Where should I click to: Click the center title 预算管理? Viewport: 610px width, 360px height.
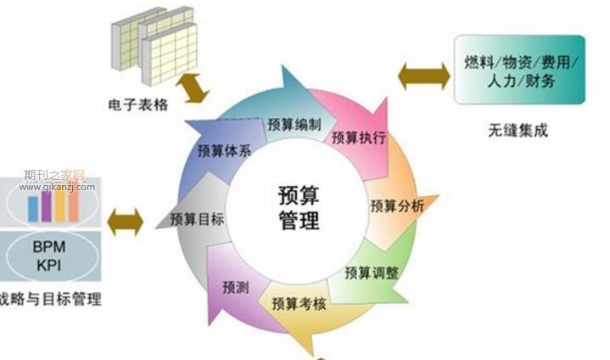(299, 208)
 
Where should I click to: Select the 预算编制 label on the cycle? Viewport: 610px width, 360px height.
(294, 125)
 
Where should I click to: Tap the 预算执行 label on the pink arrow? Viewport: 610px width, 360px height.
(359, 137)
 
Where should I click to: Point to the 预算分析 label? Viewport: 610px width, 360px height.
(397, 205)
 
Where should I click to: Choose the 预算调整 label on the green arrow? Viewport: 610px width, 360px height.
(372, 273)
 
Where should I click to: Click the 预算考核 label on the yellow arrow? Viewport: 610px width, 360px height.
(299, 304)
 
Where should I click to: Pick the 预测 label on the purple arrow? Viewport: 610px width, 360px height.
(235, 287)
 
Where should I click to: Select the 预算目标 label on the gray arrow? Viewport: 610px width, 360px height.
(197, 219)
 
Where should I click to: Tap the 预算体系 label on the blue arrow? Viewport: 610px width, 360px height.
(225, 150)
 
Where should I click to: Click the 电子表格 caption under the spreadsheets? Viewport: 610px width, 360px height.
(138, 104)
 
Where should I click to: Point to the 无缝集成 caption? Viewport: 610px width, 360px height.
(518, 130)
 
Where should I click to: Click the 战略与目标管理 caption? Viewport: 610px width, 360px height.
(51, 299)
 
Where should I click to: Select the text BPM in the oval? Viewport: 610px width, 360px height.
(49, 247)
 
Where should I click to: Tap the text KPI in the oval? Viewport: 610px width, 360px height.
(49, 266)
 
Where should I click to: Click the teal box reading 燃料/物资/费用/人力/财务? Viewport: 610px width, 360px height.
(520, 70)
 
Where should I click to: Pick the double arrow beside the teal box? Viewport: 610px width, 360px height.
(424, 76)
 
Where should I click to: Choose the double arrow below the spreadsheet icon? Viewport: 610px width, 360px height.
(193, 88)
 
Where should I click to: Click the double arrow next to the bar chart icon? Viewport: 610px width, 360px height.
(126, 222)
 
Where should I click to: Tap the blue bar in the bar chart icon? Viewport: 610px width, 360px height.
(33, 209)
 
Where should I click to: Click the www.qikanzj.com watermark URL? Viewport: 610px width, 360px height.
(57, 187)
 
